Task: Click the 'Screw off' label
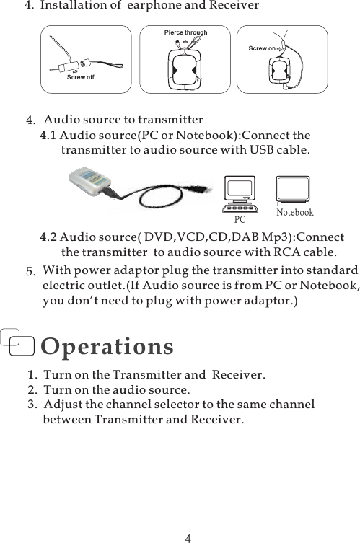click(x=80, y=76)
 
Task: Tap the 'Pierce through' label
click(x=185, y=32)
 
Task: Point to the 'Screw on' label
click(x=263, y=48)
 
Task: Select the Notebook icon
click(x=295, y=190)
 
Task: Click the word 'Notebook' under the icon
click(x=295, y=213)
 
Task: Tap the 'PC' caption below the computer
click(x=240, y=217)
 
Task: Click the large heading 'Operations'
click(x=107, y=346)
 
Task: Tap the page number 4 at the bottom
click(x=188, y=537)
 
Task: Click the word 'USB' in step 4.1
click(x=262, y=151)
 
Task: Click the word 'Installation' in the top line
click(x=74, y=6)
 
